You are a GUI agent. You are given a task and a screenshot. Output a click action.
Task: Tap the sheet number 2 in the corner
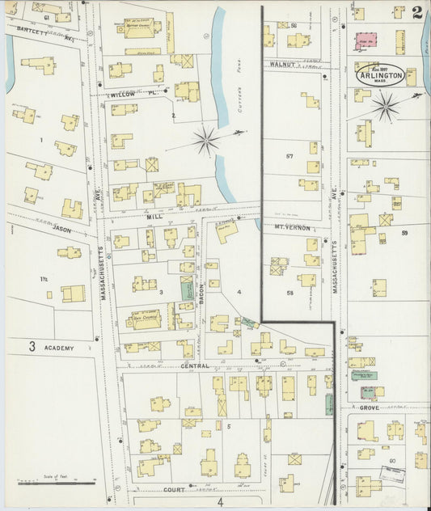416,14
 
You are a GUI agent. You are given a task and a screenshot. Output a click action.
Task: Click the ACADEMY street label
59,348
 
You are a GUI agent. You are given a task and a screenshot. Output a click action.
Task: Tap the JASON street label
62,230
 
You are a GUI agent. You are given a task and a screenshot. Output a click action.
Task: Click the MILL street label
155,217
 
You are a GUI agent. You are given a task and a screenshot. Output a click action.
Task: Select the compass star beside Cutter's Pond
207,141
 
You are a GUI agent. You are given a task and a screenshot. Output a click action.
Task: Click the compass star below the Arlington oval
385,105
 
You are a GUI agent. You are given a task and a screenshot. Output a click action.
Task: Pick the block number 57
289,154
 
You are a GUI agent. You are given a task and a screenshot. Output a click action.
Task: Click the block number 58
289,292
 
